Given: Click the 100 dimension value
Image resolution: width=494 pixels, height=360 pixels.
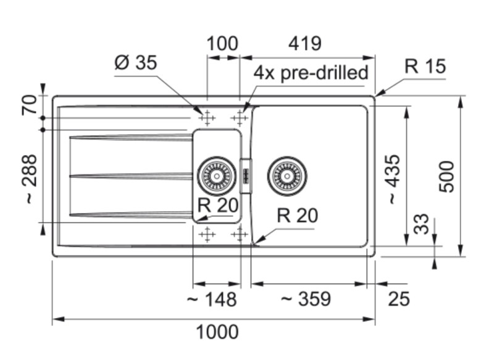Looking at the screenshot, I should (222, 44).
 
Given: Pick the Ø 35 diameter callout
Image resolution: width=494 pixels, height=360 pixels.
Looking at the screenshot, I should (136, 62).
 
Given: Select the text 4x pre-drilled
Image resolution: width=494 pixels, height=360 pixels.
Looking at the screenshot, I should (311, 72).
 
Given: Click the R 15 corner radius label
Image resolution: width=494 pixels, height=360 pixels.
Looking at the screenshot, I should (425, 66).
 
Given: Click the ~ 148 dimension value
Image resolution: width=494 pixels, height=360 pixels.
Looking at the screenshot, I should (211, 299).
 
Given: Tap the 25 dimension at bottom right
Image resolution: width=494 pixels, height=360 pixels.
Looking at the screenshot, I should (399, 299).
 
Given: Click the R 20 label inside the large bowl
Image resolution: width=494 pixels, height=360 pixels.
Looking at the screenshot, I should (297, 216).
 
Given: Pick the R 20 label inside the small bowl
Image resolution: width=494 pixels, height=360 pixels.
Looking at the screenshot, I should (218, 205).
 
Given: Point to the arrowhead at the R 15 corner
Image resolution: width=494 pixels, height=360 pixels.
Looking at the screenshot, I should (378, 94).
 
